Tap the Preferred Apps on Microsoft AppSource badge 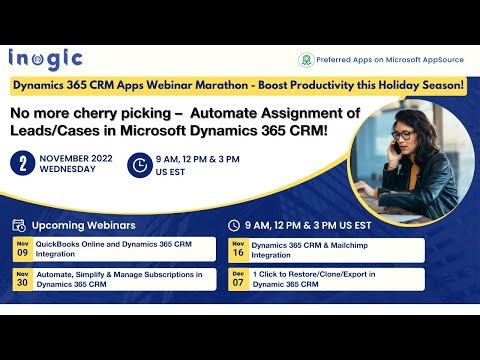pos(380,60)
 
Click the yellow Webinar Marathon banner pos(239,86)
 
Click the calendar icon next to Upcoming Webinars pos(20,225)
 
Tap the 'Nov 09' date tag pos(22,248)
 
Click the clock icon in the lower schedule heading pos(234,225)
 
